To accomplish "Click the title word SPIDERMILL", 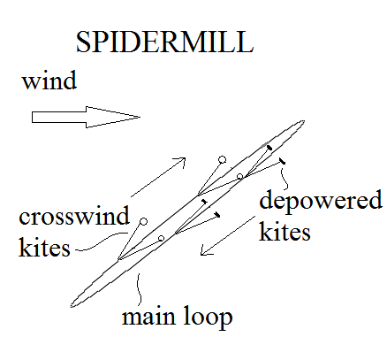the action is (x=164, y=42).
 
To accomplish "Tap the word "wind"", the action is (x=49, y=80).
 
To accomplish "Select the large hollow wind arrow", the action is (x=86, y=117).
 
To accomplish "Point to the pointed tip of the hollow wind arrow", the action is (x=140, y=117).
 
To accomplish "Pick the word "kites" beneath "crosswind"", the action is (x=44, y=247).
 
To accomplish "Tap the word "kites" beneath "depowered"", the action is (x=285, y=232).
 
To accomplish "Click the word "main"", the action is (x=148, y=317).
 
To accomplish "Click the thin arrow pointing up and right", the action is (x=158, y=177).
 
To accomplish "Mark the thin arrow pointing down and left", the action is (x=228, y=235).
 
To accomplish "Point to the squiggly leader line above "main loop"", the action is (x=139, y=289).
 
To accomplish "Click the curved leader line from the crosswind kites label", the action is (x=102, y=241).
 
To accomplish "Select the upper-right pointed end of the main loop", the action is (x=304, y=121).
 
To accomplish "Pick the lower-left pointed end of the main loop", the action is (x=72, y=306).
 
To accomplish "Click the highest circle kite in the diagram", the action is (x=223, y=160).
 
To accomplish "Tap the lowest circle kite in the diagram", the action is (x=161, y=238).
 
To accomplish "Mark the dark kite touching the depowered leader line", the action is (x=282, y=161).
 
